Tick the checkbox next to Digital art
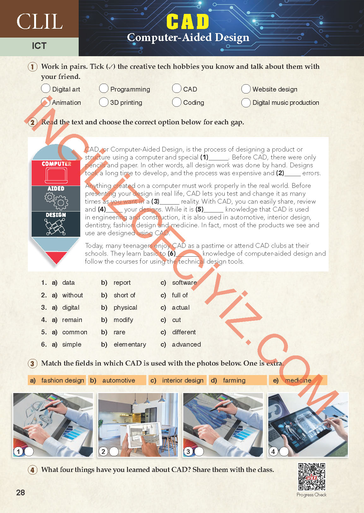coord(45,88)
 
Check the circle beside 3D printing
coord(104,102)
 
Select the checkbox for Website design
coord(246,89)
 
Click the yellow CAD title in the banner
coord(188,22)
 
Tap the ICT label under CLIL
coord(39,46)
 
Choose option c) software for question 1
coord(184,283)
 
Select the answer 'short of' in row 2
coord(124,295)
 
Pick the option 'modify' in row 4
coord(123,320)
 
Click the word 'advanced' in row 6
coord(186,344)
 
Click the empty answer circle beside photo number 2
coord(114,451)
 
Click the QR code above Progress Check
coord(312,477)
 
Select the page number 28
coord(21,492)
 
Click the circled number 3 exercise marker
coord(32,363)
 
